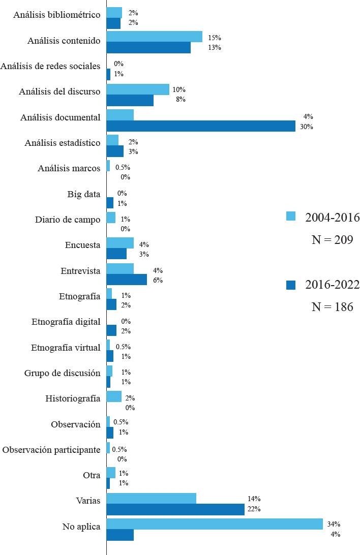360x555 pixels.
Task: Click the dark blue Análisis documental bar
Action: pyautogui.click(x=201, y=126)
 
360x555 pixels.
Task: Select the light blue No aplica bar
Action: pyautogui.click(x=215, y=523)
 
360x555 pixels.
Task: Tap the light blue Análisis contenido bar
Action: pyautogui.click(x=154, y=37)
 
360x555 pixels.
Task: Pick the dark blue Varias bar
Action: pyautogui.click(x=175, y=509)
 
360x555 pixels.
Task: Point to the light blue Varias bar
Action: pyautogui.click(x=151, y=498)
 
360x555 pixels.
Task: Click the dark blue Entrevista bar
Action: pyautogui.click(x=127, y=280)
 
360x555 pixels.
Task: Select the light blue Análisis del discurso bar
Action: pyautogui.click(x=138, y=89)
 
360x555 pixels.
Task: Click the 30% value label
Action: pyautogui.click(x=306, y=127)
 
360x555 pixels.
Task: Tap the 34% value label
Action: pyautogui.click(x=334, y=524)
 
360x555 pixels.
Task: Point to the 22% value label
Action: pyautogui.click(x=254, y=509)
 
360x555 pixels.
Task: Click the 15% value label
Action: pyautogui.click(x=215, y=38)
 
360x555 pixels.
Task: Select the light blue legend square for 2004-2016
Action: pyautogui.click(x=291, y=216)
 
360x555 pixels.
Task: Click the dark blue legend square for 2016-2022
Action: pyautogui.click(x=291, y=286)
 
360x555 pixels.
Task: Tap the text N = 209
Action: pyautogui.click(x=332, y=240)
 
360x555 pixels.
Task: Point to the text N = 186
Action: pyautogui.click(x=332, y=307)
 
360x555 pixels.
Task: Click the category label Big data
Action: pyautogui.click(x=83, y=194)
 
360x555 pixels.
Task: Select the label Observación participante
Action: pyautogui.click(x=51, y=450)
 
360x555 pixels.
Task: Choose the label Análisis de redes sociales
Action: pyautogui.click(x=51, y=66)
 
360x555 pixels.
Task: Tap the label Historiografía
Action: pyautogui.click(x=73, y=398)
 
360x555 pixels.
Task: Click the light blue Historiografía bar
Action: pyautogui.click(x=114, y=396)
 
